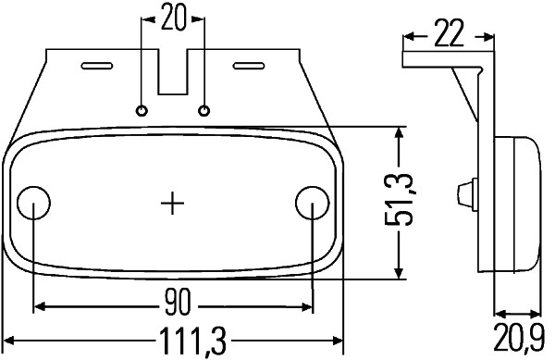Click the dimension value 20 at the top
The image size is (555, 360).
pyautogui.click(x=173, y=18)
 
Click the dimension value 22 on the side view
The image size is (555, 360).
pyautogui.click(x=448, y=35)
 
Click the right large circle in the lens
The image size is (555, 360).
pyautogui.click(x=312, y=202)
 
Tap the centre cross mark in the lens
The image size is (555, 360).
pyautogui.click(x=173, y=202)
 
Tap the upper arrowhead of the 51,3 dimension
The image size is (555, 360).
pyautogui.click(x=399, y=133)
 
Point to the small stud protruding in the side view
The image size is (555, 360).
pyautogui.click(x=462, y=193)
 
